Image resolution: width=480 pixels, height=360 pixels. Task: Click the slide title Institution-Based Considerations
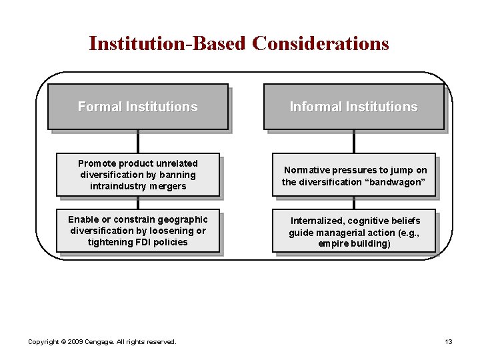[x=239, y=43]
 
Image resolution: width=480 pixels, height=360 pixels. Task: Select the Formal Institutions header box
[x=137, y=107]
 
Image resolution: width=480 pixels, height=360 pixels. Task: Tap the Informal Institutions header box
[x=353, y=107]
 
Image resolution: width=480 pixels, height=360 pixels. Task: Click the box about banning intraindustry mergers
[x=138, y=175]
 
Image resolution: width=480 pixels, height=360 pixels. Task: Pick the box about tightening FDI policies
[x=138, y=231]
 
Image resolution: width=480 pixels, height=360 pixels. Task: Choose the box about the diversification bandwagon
[x=354, y=175]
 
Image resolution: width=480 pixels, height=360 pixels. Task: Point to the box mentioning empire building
[x=354, y=231]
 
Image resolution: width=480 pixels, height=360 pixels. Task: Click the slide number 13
[x=449, y=341]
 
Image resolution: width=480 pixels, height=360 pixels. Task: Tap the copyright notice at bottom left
[x=102, y=341]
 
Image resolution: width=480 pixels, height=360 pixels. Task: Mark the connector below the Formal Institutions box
[x=138, y=141]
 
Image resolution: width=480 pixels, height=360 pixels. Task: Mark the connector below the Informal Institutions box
[x=354, y=141]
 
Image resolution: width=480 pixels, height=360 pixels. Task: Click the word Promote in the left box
[x=97, y=163]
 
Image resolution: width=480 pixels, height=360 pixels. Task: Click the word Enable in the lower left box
[x=83, y=219]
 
